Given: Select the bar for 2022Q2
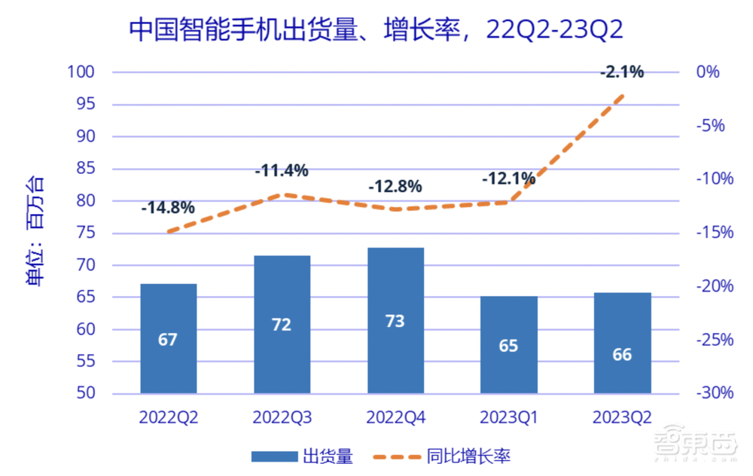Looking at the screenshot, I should click(168, 339).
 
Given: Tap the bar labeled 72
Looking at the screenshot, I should click(282, 325).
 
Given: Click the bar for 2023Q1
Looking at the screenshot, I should click(509, 345).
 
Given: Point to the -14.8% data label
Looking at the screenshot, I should click(168, 207).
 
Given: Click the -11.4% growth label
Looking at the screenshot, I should click(282, 171).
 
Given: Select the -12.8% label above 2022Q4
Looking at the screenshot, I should click(395, 186).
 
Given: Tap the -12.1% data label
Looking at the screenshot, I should click(509, 178).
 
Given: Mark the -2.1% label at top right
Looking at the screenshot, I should click(622, 72).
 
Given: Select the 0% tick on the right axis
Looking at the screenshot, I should click(708, 72).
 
